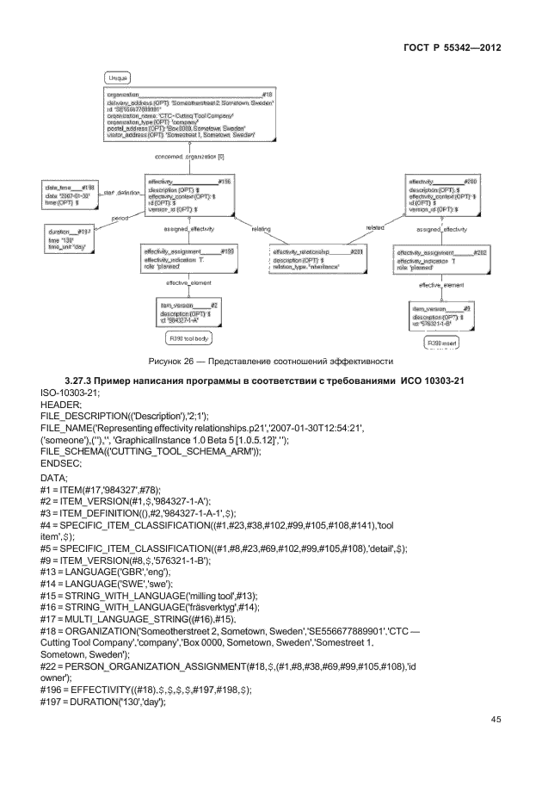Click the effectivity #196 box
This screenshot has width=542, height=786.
point(188,195)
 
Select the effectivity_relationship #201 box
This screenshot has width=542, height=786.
point(317,259)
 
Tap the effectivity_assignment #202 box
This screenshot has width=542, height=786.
point(441,259)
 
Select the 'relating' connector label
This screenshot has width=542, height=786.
point(262,230)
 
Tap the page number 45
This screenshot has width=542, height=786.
point(495,719)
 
